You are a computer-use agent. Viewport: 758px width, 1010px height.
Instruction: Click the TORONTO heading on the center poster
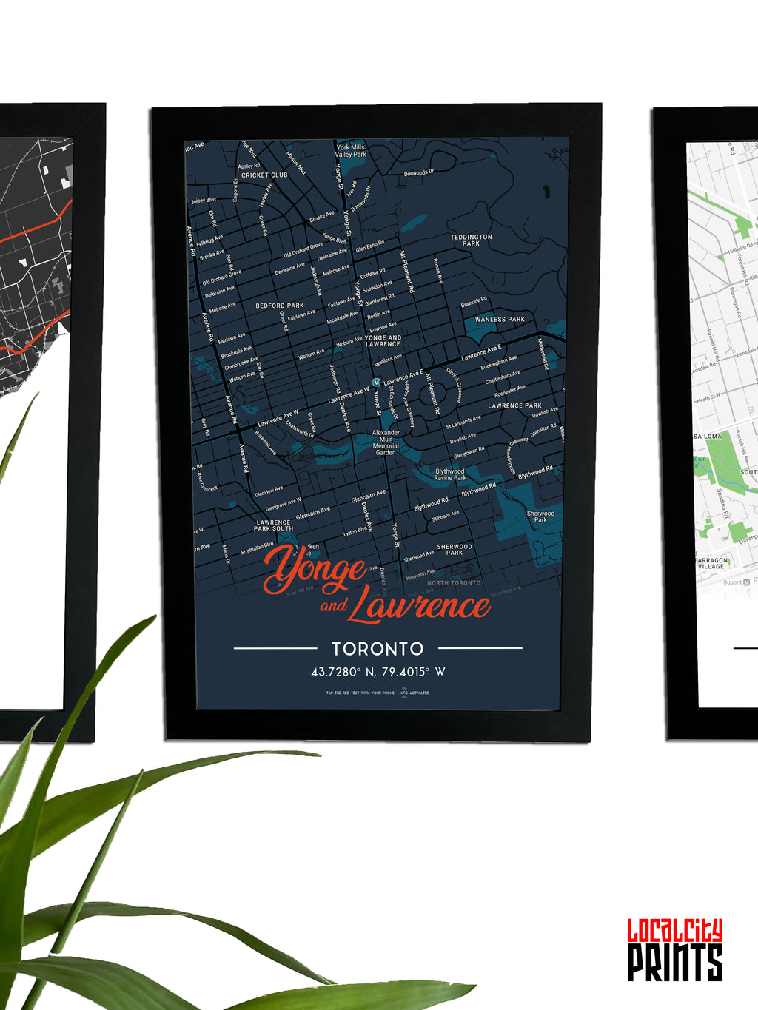pyautogui.click(x=378, y=649)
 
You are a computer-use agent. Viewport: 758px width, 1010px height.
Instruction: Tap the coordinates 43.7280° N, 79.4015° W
pyautogui.click(x=378, y=672)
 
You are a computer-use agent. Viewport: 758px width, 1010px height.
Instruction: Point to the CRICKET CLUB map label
pyautogui.click(x=264, y=175)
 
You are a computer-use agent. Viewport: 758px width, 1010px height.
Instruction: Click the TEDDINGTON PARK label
pyautogui.click(x=471, y=240)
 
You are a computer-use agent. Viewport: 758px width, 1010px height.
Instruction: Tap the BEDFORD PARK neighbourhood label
pyautogui.click(x=280, y=306)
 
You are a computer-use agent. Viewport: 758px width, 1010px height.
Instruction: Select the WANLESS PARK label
pyautogui.click(x=500, y=320)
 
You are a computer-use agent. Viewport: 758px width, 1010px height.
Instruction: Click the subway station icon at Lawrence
pyautogui.click(x=376, y=382)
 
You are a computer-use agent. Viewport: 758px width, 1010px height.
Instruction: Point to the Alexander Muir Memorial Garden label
pyautogui.click(x=386, y=442)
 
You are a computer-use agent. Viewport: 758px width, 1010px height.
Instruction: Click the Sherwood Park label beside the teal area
pyautogui.click(x=540, y=516)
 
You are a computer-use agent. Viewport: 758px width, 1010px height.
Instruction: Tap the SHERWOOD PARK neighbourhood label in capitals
pyautogui.click(x=455, y=550)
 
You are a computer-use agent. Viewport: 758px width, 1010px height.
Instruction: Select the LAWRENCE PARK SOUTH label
pyautogui.click(x=273, y=525)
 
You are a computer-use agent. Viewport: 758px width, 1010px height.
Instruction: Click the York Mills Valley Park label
pyautogui.click(x=351, y=151)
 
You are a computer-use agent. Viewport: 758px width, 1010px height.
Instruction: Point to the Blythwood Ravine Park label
pyautogui.click(x=449, y=474)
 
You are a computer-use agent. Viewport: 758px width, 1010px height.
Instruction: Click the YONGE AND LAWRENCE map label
pyautogui.click(x=383, y=340)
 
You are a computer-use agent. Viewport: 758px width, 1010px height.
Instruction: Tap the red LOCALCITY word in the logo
pyautogui.click(x=675, y=931)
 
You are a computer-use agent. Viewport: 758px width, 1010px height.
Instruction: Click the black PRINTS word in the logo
pyautogui.click(x=675, y=963)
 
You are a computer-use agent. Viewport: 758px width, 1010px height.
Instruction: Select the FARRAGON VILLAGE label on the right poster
pyautogui.click(x=711, y=564)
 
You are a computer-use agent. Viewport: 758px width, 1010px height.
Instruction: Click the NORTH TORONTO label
pyautogui.click(x=454, y=583)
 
